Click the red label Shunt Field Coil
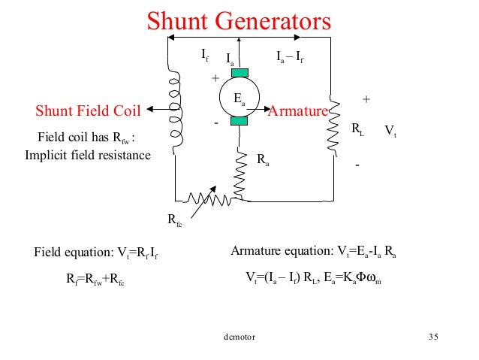[x=89, y=112]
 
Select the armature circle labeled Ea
[x=239, y=98]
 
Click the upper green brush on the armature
[x=239, y=73]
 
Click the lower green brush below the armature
[x=239, y=121]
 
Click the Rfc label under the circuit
[x=173, y=220]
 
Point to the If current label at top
[x=204, y=54]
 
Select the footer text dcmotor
[x=239, y=337]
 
